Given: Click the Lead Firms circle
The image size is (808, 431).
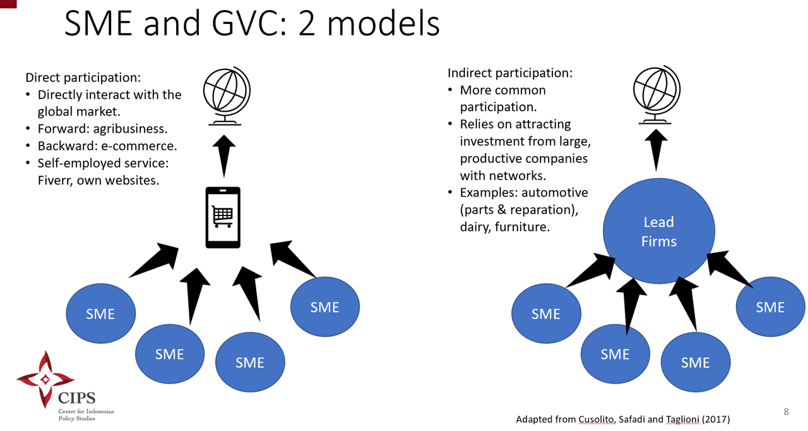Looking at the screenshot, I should point(658,231).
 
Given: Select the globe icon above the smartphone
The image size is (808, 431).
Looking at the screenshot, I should point(227,95).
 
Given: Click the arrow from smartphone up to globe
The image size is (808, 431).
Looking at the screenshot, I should point(223,155).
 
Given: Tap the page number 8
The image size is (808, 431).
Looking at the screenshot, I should point(786,412).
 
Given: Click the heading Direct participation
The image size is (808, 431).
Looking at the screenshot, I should point(83,78).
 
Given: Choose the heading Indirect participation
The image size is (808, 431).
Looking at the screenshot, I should point(510,73).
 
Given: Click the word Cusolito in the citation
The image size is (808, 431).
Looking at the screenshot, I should point(597,419).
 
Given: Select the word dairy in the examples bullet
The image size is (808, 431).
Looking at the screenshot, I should point(475,226).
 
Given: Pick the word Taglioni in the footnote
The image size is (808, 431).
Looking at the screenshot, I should point(684,419).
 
